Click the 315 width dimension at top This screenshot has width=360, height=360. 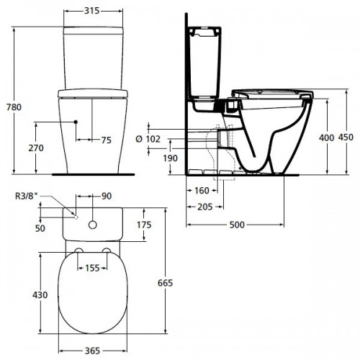[x=91, y=12]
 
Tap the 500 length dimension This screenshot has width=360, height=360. [x=236, y=225]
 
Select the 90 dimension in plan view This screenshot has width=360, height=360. [x=106, y=197]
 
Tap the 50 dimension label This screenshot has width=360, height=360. [x=41, y=228]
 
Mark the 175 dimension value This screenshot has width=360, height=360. [x=143, y=225]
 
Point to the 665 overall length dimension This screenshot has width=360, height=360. [x=165, y=283]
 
